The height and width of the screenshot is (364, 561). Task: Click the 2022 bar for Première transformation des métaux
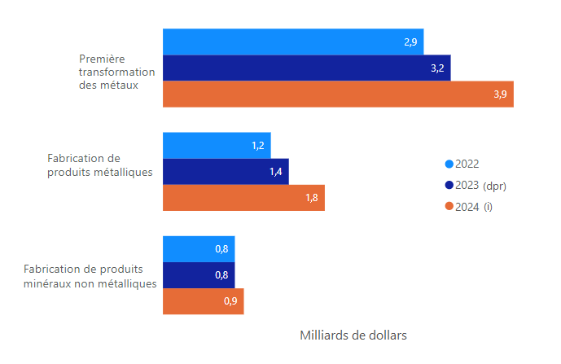coord(293,42)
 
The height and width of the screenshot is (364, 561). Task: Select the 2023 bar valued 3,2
coord(306,68)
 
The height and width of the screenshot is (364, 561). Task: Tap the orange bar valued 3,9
coord(338,94)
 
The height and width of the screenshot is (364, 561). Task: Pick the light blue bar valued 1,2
coord(217,146)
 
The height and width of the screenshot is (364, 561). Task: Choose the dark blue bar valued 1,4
coord(226,172)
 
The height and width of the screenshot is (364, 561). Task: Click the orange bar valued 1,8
coord(243,198)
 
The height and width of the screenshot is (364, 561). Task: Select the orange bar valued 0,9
coord(203,301)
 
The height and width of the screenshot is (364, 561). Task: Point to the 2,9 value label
coord(410,42)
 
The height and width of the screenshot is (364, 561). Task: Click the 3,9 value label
coord(500,94)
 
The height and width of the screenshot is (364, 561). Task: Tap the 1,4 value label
coord(275,172)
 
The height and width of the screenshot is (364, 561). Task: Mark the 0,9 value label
coord(230,301)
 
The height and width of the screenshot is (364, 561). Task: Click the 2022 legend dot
coord(449,164)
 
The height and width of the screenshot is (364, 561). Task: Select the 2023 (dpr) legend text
coord(481,186)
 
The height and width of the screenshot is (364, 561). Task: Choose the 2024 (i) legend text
coord(475,207)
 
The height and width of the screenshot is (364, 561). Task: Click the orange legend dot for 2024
coord(449,207)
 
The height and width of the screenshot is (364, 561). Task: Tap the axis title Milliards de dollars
coord(353,335)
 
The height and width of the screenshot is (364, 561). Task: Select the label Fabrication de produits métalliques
coord(100,165)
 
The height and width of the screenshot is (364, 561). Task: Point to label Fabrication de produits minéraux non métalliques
coord(90,276)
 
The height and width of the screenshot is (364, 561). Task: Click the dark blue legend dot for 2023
coord(449,186)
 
